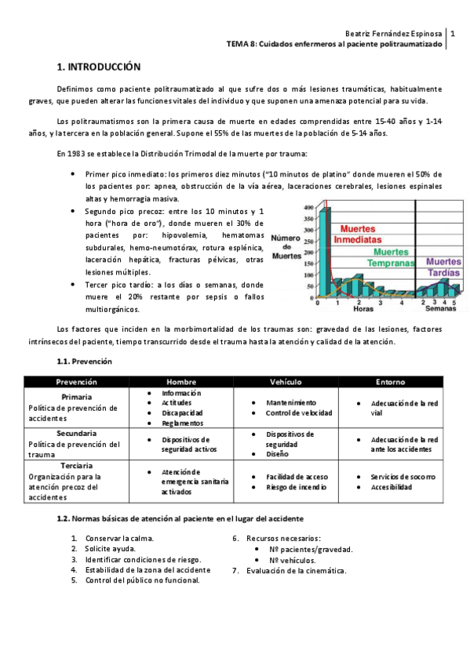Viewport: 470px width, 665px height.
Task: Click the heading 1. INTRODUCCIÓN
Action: pyautogui.click(x=99, y=67)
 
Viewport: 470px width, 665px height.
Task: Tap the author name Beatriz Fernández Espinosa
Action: pyautogui.click(x=393, y=34)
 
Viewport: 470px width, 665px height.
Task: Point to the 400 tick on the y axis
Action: pyautogui.click(x=308, y=208)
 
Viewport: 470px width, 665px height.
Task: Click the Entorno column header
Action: pyautogui.click(x=391, y=382)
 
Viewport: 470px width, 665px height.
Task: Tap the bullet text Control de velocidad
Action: pyautogui.click(x=298, y=412)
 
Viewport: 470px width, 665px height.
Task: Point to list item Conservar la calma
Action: pyautogui.click(x=120, y=539)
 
